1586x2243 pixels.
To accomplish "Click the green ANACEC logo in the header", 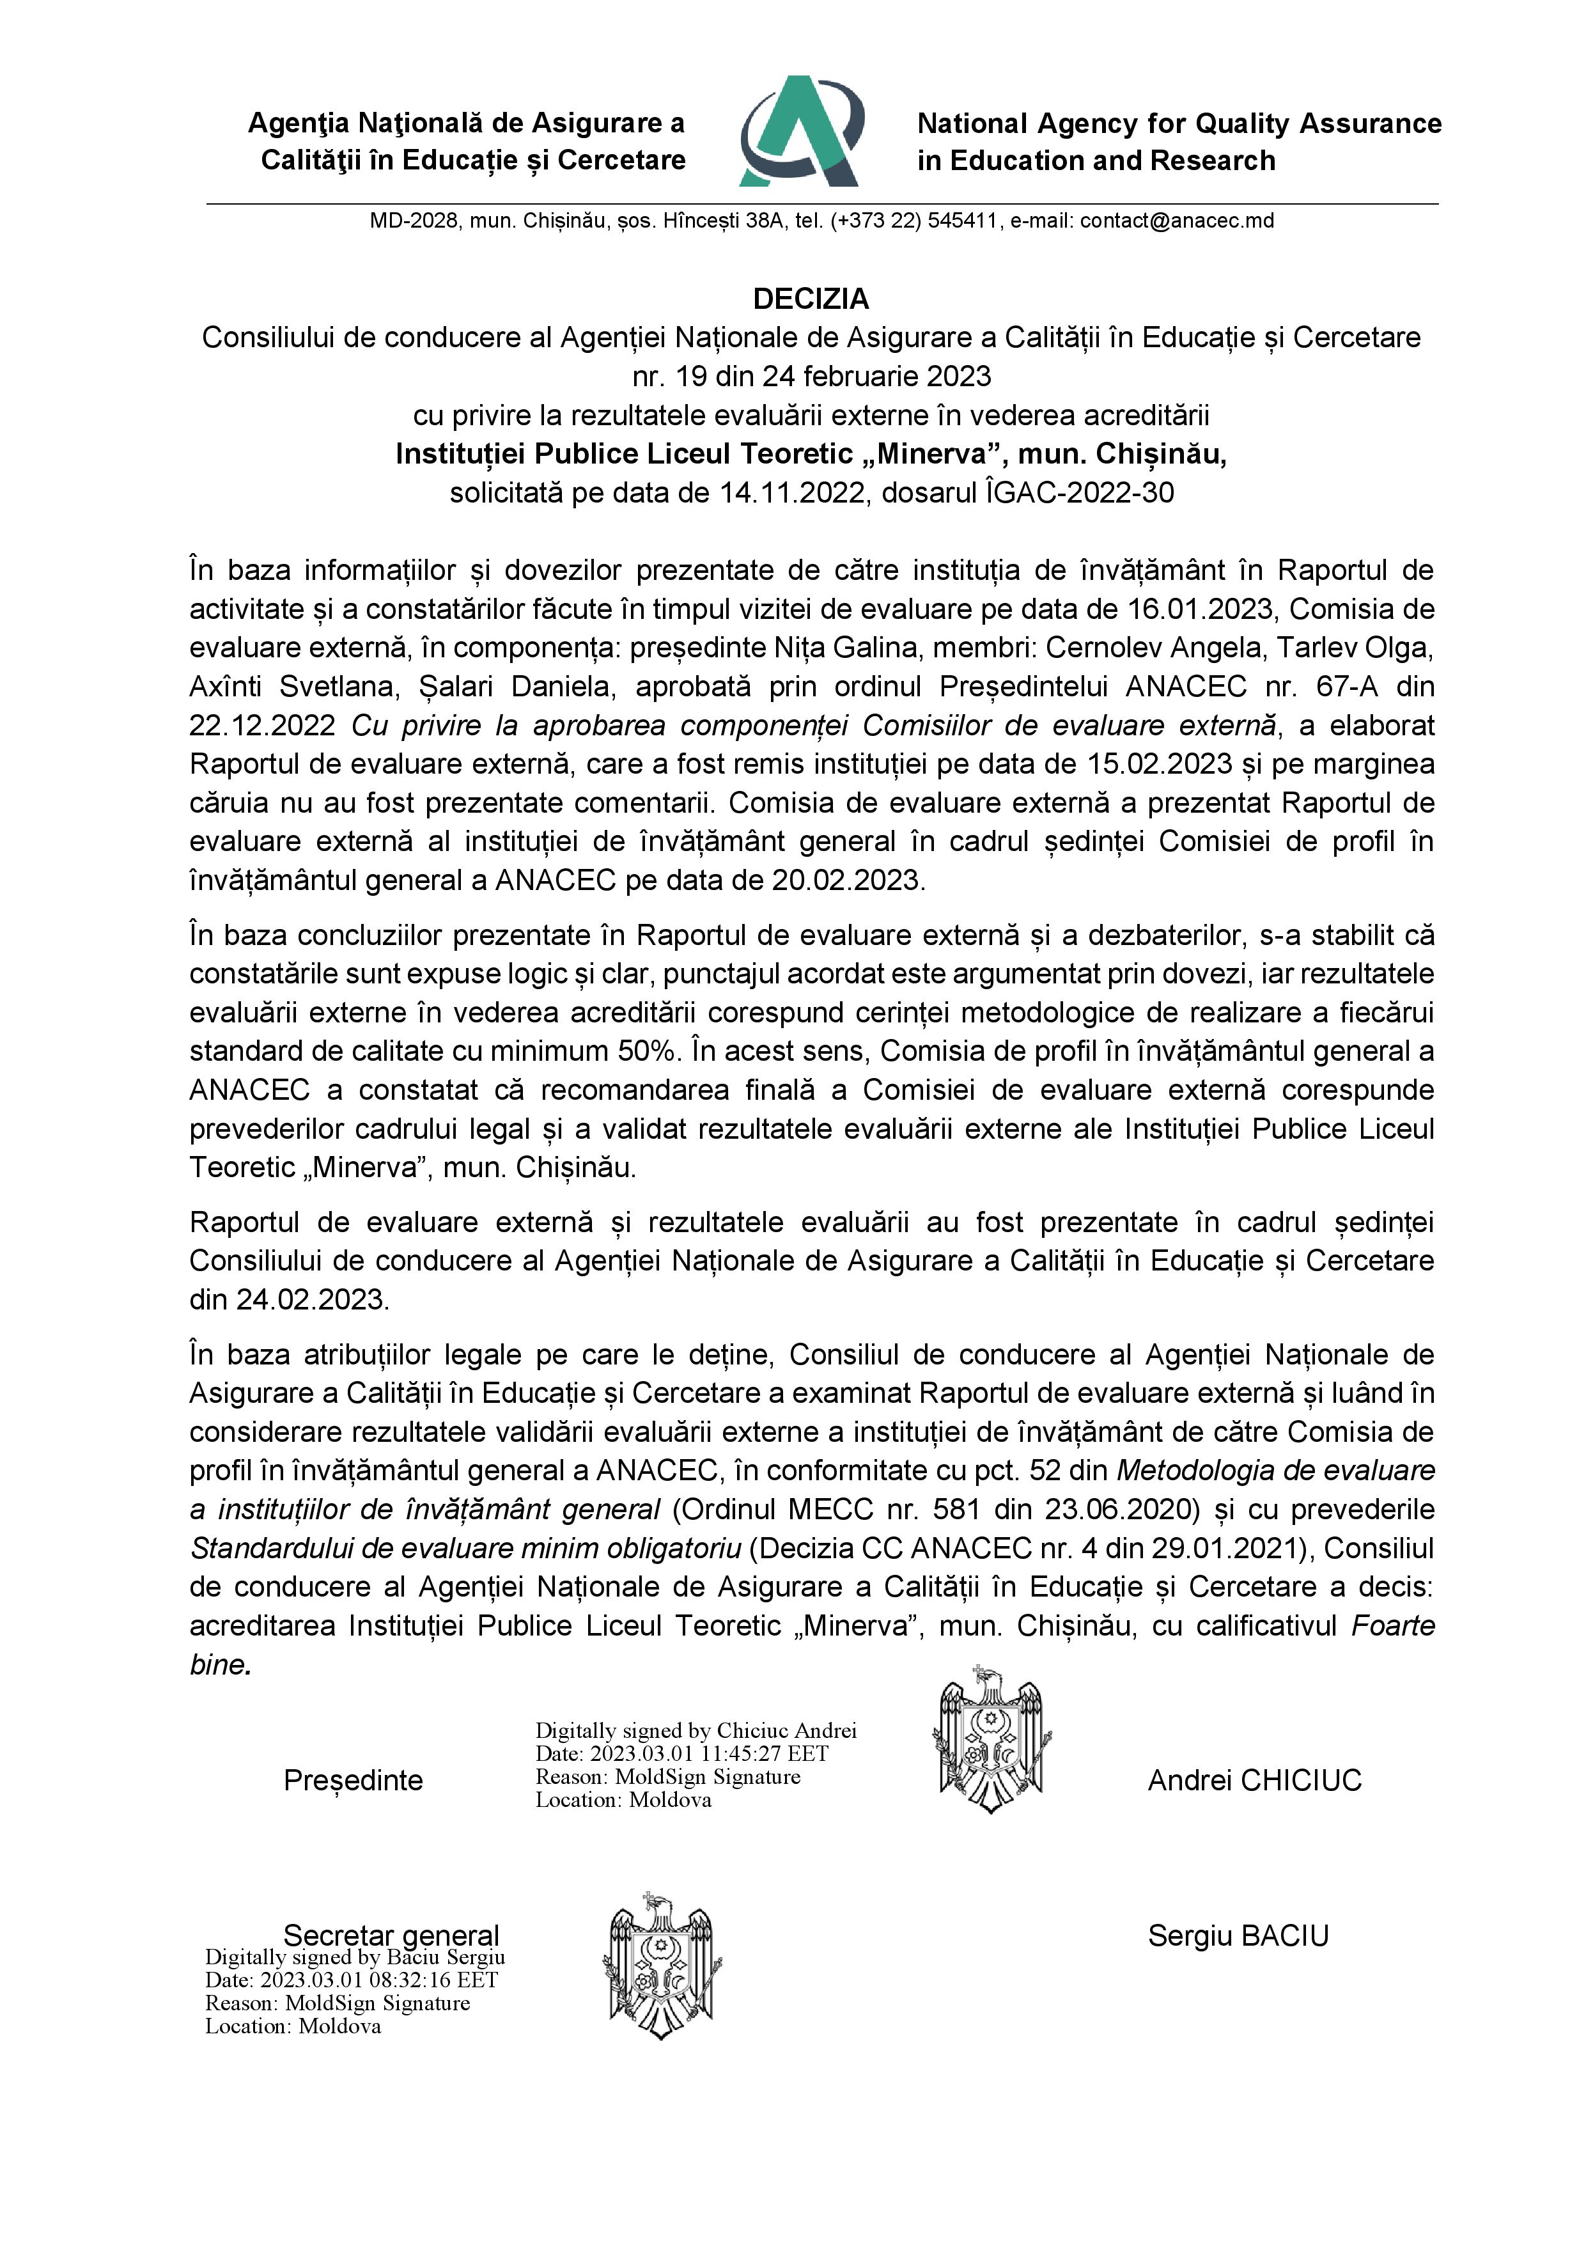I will pyautogui.click(x=801, y=132).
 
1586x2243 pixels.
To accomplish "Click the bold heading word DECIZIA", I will pyautogui.click(x=811, y=298).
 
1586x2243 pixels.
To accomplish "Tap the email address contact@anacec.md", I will pyautogui.click(x=1177, y=221).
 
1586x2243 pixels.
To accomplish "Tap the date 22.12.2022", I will pyautogui.click(x=261, y=726).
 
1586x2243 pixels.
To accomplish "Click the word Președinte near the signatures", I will pyautogui.click(x=353, y=1780).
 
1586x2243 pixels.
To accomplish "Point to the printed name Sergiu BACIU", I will pyautogui.click(x=1238, y=1935).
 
